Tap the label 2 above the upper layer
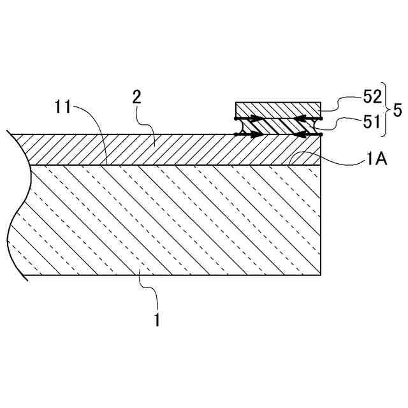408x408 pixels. coord(136,98)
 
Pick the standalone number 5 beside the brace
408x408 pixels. coord(397,110)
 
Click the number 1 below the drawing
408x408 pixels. coord(157,319)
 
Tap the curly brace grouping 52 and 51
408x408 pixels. coord(385,109)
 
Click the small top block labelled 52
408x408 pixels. coord(277,110)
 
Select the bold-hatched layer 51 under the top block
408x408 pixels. coord(277,126)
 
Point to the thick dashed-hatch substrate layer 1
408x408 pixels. coord(172,220)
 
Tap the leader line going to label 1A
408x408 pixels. coord(331,164)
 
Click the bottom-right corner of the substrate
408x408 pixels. coord(320,275)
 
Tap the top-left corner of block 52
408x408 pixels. coord(236,103)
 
